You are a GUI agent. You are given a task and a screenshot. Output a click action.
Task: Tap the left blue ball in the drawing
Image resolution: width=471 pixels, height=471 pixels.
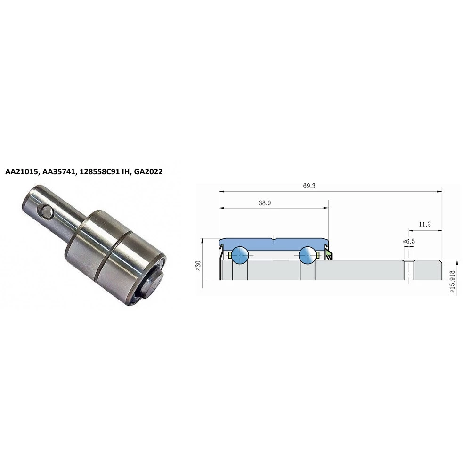coord(240,255)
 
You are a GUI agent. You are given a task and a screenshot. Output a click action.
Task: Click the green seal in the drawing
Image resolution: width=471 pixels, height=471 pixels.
coord(329,255)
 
